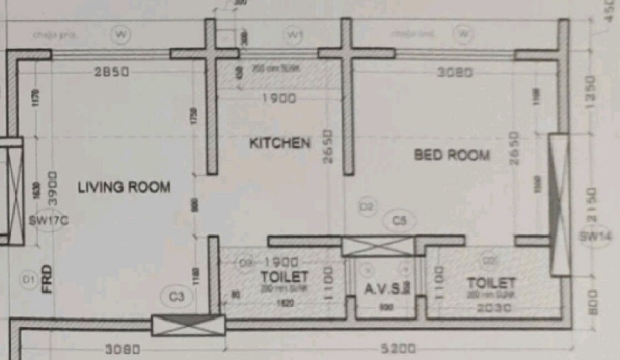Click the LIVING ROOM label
[123, 187]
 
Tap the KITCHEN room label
[279, 143]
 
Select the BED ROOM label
[451, 155]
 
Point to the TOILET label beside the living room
[284, 277]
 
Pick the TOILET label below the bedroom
[491, 283]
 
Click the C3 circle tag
[177, 297]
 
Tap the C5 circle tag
[399, 221]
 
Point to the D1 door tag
[28, 279]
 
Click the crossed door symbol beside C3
[188, 325]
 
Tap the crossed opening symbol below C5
[378, 246]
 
